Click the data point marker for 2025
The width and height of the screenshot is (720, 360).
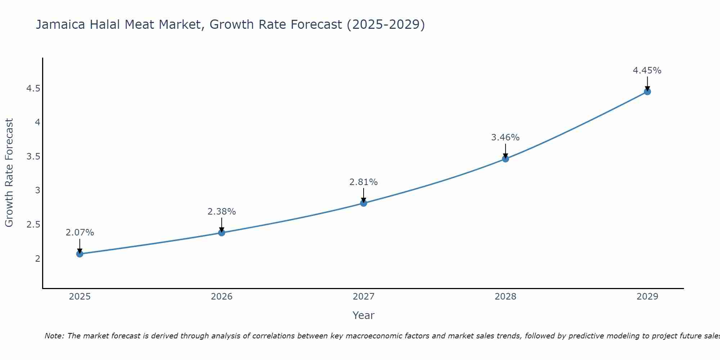click(x=80, y=254)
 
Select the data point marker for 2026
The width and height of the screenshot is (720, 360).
click(x=222, y=233)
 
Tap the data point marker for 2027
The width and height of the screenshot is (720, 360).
click(x=364, y=203)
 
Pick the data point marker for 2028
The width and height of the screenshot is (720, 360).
click(x=505, y=159)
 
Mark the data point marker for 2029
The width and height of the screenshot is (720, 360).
click(x=647, y=91)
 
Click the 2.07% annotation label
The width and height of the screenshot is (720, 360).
click(x=80, y=233)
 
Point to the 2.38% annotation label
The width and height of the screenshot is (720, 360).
click(x=222, y=212)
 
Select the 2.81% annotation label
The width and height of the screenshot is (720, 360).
click(x=364, y=182)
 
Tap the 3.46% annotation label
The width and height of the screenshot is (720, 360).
click(x=505, y=138)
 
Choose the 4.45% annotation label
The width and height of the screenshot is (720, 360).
click(x=647, y=71)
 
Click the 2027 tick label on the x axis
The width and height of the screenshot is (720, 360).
click(x=364, y=297)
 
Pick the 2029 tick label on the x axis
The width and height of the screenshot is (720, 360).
click(x=647, y=297)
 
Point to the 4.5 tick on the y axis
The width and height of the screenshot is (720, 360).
click(x=33, y=89)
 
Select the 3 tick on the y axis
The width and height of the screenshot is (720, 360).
click(x=37, y=190)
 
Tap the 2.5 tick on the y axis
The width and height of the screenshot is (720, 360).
click(x=33, y=225)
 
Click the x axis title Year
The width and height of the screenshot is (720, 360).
click(x=364, y=315)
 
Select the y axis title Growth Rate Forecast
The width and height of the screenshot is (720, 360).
click(x=9, y=173)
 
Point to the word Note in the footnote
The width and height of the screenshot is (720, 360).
click(x=54, y=336)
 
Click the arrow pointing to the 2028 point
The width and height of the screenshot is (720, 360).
click(x=505, y=150)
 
